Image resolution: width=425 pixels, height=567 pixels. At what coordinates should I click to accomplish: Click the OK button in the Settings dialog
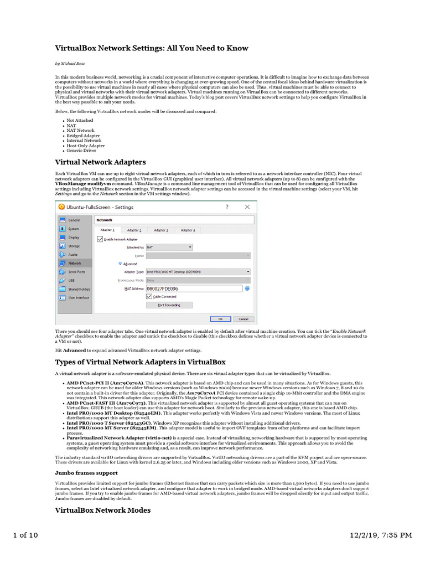pos(220,319)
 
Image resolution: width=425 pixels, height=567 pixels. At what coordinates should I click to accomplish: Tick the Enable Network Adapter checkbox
pos(100,239)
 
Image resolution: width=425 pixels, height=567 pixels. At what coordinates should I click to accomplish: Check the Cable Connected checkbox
pos(149,297)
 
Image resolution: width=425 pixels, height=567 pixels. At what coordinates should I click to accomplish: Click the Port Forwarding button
pos(169,305)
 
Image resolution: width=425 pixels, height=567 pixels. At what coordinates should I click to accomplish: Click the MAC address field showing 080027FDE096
pos(194,288)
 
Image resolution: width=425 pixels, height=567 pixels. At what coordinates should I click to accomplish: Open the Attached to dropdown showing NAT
pos(169,247)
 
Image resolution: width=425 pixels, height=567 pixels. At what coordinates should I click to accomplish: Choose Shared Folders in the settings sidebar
pos(79,289)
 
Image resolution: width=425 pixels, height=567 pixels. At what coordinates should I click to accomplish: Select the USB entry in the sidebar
pos(72,280)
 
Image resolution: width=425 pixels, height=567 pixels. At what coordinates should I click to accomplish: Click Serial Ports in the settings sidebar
pos(76,272)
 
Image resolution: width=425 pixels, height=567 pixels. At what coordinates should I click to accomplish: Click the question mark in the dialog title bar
pos(227,207)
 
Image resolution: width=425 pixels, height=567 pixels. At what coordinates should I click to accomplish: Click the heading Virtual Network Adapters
pos(100,162)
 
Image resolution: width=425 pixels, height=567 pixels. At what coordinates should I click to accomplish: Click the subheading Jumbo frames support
pos(86,473)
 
